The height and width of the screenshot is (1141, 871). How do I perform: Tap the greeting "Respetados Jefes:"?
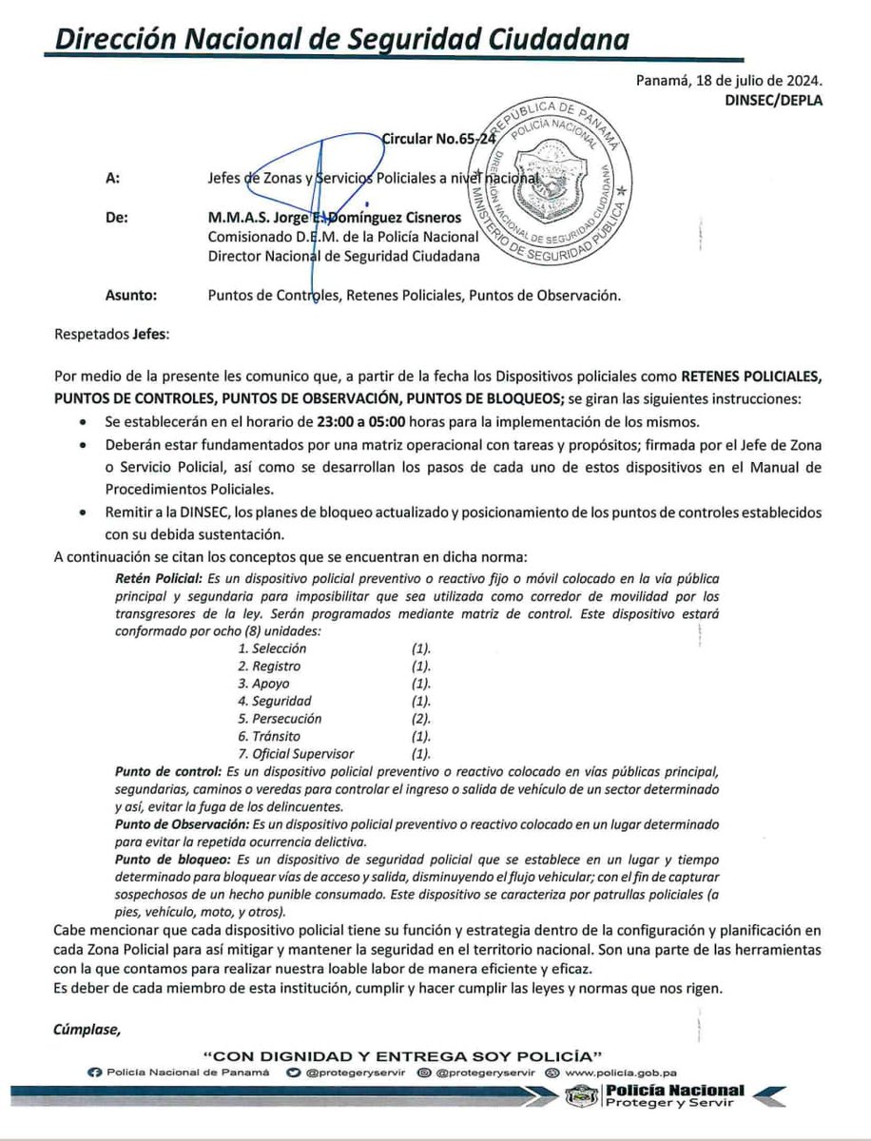(x=106, y=334)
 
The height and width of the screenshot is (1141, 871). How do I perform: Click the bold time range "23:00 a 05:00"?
(x=351, y=420)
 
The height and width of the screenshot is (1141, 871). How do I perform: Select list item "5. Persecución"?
(x=280, y=718)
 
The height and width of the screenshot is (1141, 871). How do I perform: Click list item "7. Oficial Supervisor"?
(x=296, y=753)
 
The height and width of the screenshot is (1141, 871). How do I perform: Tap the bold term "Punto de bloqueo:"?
(x=167, y=859)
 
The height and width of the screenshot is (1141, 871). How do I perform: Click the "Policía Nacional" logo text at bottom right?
(x=674, y=1091)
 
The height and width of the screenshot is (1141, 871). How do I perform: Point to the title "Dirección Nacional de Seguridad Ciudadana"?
(x=340, y=39)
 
